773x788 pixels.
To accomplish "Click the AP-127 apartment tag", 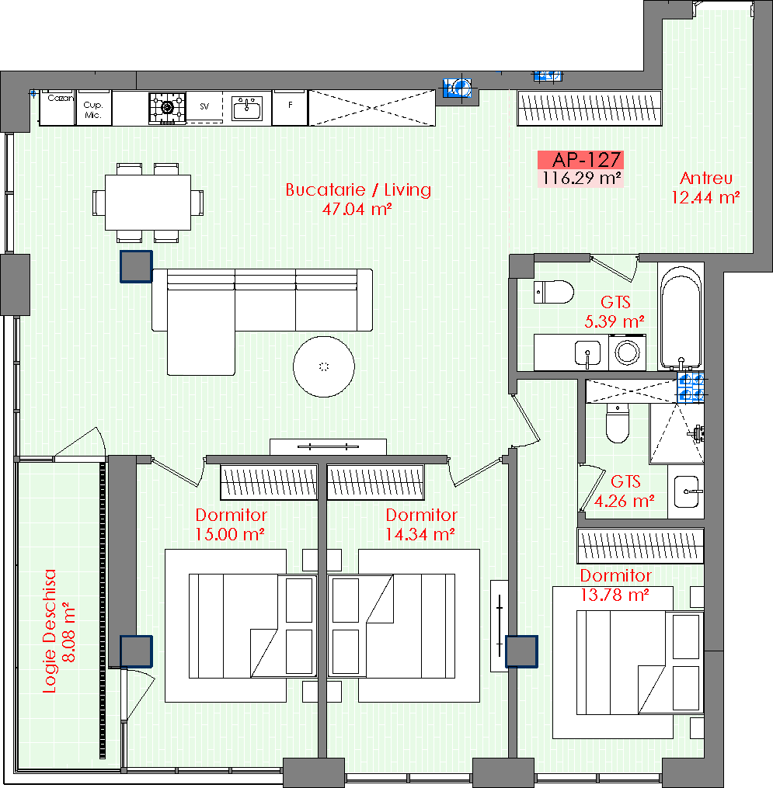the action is point(581,160).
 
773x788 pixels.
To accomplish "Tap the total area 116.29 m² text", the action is point(581,179).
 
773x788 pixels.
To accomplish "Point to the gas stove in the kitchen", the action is point(168,108).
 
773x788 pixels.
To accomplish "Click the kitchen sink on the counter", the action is point(247,108).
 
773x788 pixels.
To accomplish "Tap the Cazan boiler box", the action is point(57,108).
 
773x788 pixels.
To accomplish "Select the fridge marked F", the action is point(290,108).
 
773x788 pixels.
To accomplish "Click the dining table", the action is point(148,202).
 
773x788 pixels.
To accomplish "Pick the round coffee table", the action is point(324,366).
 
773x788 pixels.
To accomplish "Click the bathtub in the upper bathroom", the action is point(681,317).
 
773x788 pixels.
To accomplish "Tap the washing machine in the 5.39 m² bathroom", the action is point(627,352).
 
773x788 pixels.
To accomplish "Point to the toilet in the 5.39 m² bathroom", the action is point(554,292).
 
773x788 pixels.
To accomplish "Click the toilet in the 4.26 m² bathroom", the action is point(618,422).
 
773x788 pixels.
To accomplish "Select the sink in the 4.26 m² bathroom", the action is point(687,491).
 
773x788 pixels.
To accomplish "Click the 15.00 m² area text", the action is point(230,533).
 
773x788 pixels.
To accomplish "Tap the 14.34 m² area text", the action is point(420,533).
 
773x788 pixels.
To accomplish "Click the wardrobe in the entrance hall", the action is point(590,108).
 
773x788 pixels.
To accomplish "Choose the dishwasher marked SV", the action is point(204,106).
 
